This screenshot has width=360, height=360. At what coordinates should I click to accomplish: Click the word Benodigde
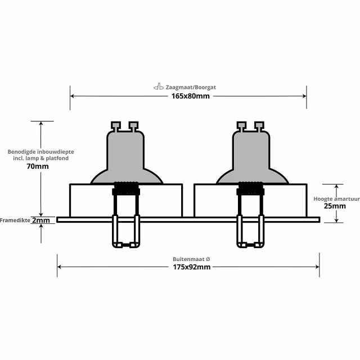pyautogui.click(x=21, y=152)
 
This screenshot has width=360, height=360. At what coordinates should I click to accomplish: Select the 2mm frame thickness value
pyautogui.click(x=40, y=220)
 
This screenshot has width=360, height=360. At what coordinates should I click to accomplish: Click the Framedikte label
pyautogui.click(x=15, y=220)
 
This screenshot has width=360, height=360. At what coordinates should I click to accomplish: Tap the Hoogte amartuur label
pyautogui.click(x=336, y=199)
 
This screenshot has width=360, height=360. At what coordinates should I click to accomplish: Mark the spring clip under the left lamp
pyautogui.click(x=125, y=231)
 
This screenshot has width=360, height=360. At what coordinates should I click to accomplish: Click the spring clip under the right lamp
pyautogui.click(x=250, y=231)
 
